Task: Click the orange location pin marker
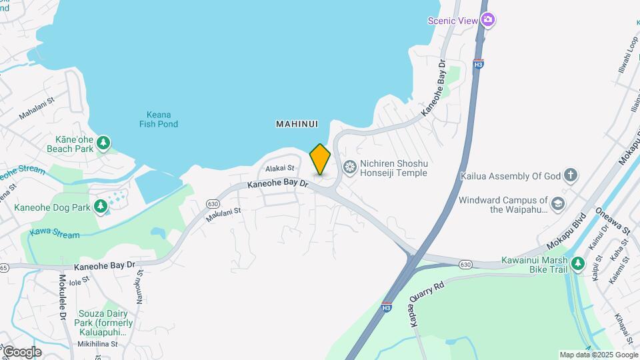click(x=320, y=159)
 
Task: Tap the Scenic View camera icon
click(x=488, y=20)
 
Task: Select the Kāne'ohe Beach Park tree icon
click(x=103, y=142)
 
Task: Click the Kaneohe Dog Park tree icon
click(x=101, y=207)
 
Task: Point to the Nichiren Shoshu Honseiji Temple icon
click(x=349, y=165)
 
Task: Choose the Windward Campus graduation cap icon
click(x=557, y=203)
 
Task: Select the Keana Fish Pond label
click(x=159, y=119)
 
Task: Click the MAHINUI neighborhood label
click(x=297, y=124)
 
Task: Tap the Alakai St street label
click(x=280, y=169)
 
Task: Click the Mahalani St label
click(x=37, y=108)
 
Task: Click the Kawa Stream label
click(x=55, y=235)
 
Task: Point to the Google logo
click(x=21, y=351)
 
